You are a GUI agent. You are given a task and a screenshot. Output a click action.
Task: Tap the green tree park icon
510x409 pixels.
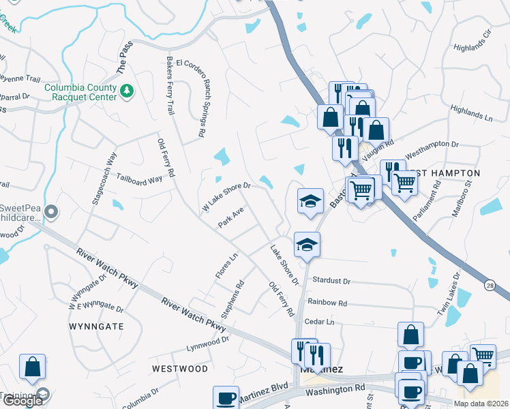tap(126, 91)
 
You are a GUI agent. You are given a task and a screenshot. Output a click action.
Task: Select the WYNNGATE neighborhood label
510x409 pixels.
tap(97, 327)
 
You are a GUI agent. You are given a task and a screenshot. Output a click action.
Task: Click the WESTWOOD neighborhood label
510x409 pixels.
tap(180, 369)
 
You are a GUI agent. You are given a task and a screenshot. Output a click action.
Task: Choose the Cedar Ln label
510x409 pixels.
tap(320, 322)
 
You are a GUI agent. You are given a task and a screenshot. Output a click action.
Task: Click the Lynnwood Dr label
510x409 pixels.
tap(207, 344)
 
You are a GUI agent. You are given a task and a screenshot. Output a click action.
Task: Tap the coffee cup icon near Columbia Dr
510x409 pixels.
tap(225, 397)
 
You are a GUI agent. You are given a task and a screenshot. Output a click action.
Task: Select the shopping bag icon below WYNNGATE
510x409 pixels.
tap(33, 367)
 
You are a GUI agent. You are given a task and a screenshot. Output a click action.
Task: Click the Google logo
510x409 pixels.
tap(22, 401)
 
